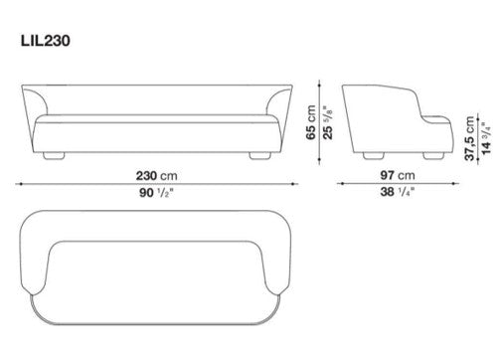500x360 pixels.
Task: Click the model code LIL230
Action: coord(46,41)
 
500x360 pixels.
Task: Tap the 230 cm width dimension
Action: coord(156,175)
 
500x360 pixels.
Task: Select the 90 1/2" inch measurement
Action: coord(156,192)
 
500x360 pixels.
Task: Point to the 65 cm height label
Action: coord(311,122)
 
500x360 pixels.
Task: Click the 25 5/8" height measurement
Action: coord(327,122)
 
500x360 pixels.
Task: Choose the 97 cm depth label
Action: coord(398,175)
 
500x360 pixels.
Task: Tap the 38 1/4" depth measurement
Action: coord(398,192)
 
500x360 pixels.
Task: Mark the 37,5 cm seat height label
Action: coord(469,138)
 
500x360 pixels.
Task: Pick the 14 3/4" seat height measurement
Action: coord(486,138)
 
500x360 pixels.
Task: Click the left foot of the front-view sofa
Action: coord(54,156)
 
